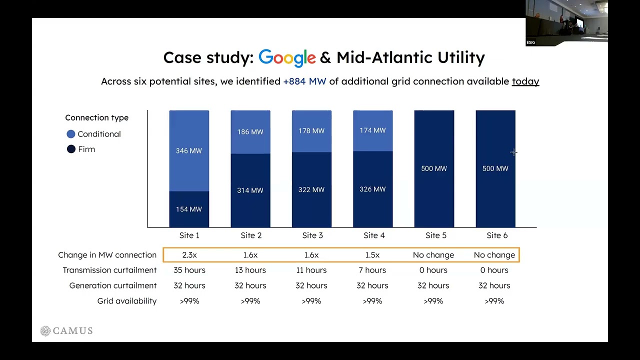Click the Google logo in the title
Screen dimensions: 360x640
coord(287,57)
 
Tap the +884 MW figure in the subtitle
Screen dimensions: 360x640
coord(304,81)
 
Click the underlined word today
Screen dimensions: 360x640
coord(525,81)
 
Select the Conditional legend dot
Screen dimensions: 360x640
coord(71,134)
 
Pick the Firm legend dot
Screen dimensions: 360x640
coord(71,149)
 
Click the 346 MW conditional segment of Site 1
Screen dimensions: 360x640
coord(189,150)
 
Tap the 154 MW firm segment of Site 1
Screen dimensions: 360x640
coord(189,209)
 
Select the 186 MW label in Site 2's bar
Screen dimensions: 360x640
coord(250,131)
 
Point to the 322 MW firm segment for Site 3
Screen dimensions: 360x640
coord(311,189)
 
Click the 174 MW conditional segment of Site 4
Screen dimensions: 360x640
coord(372,130)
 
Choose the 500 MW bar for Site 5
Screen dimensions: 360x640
coord(434,168)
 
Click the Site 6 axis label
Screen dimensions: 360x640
coord(497,235)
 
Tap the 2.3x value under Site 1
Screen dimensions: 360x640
coord(189,255)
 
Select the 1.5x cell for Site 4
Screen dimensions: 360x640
coord(372,255)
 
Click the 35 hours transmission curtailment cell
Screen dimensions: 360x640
coord(189,270)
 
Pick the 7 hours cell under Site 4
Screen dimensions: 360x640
coord(372,270)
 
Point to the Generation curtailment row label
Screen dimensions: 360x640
coord(113,285)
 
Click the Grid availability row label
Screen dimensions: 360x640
coord(127,301)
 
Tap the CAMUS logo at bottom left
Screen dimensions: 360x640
coord(66,330)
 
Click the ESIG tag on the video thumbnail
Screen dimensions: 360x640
coord(530,42)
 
